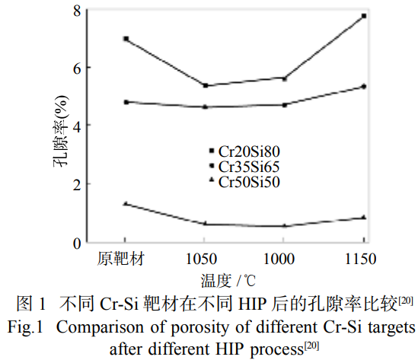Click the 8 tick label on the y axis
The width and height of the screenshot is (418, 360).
point(76,10)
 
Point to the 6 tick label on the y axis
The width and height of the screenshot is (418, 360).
point(76,68)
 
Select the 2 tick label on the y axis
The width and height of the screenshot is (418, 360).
point(76,184)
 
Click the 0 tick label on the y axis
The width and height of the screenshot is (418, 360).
point(76,243)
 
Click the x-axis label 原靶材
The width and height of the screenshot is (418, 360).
point(125,260)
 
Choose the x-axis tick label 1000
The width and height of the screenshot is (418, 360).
point(284,260)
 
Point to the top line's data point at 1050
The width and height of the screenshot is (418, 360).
point(206,85)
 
